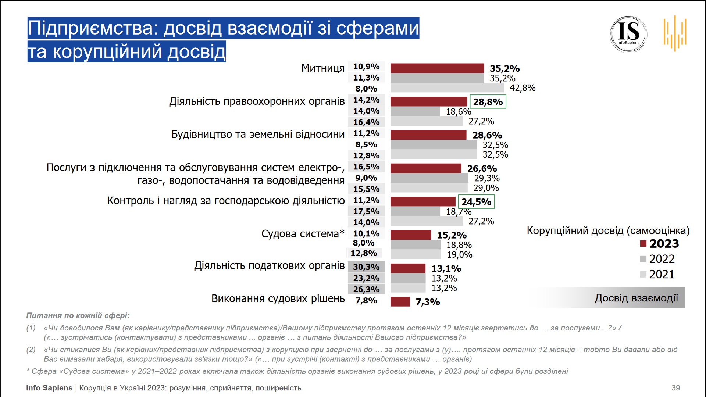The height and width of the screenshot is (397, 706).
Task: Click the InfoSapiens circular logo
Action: tap(628, 34)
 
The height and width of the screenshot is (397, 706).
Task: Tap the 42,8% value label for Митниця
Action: tap(523, 88)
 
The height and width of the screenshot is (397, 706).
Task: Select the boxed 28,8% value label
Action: tap(488, 102)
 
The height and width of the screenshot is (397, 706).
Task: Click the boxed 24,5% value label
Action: tap(476, 202)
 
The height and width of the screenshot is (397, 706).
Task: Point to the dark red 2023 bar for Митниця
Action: tap(437, 68)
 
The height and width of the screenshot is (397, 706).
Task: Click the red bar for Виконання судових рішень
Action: tap(400, 302)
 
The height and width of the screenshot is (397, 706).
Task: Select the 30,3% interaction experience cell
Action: tap(366, 267)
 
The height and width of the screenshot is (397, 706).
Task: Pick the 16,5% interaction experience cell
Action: tap(366, 167)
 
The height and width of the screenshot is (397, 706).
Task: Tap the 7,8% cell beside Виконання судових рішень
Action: tap(366, 301)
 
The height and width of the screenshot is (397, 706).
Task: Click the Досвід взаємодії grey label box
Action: tap(636, 298)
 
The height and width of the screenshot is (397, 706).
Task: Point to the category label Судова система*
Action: tap(303, 234)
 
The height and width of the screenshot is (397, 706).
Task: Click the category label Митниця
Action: tap(323, 68)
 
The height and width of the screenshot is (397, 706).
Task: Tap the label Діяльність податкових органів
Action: tap(270, 265)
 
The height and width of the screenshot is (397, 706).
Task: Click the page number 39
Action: tap(675, 388)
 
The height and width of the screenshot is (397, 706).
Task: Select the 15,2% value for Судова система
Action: tap(452, 235)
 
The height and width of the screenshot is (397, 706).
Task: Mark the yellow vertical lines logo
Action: tap(675, 33)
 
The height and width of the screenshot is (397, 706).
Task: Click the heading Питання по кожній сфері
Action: tap(78, 316)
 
